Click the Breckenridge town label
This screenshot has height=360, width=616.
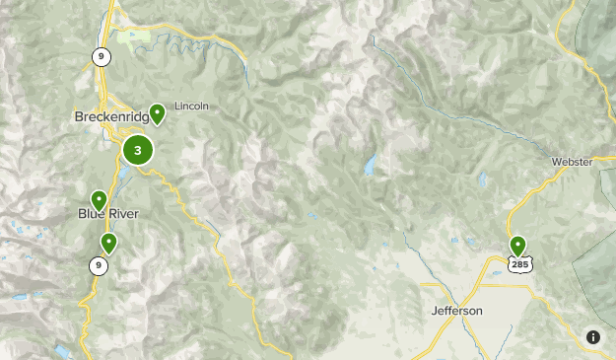coord(112,117)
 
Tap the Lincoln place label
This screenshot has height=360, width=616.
coord(191,107)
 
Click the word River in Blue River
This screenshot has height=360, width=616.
coord(123,214)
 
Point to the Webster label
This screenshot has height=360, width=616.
coord(572,162)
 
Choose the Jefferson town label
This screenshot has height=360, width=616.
coord(457,311)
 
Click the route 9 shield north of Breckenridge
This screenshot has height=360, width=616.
coord(101,57)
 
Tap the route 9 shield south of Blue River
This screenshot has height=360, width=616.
coord(98,264)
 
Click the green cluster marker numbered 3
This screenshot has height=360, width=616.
coord(138,151)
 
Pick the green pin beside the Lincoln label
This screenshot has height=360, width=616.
coord(157,113)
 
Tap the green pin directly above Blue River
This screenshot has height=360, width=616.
coord(99,199)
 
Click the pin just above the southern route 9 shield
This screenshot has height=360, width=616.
coord(108,242)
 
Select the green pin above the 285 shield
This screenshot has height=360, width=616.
coord(517,245)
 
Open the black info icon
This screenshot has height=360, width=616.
coord(593,337)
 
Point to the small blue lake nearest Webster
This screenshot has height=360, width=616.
coord(483,181)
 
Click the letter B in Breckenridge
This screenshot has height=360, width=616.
coord(79,117)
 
